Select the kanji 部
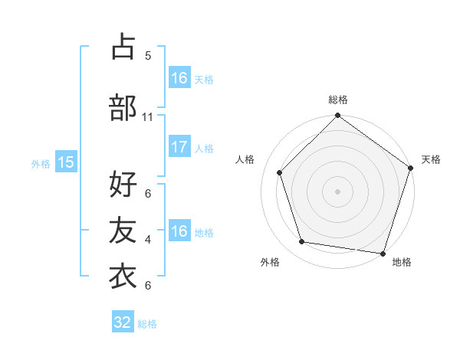[123, 108]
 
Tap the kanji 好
[123, 185]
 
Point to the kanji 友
[123, 231]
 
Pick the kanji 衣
[123, 277]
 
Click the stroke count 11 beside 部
[148, 117]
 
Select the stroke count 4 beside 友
[148, 240]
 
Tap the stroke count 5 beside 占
[148, 56]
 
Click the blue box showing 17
[179, 148]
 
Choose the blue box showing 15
[66, 162]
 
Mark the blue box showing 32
[123, 322]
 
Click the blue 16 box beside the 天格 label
[179, 78]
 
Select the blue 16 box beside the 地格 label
[179, 231]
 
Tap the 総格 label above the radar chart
[338, 100]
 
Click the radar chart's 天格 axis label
[431, 159]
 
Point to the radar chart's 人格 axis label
[245, 159]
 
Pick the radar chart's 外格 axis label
[270, 262]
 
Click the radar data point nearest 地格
[383, 253]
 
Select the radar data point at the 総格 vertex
[337, 116]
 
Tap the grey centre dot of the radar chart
[337, 191]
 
